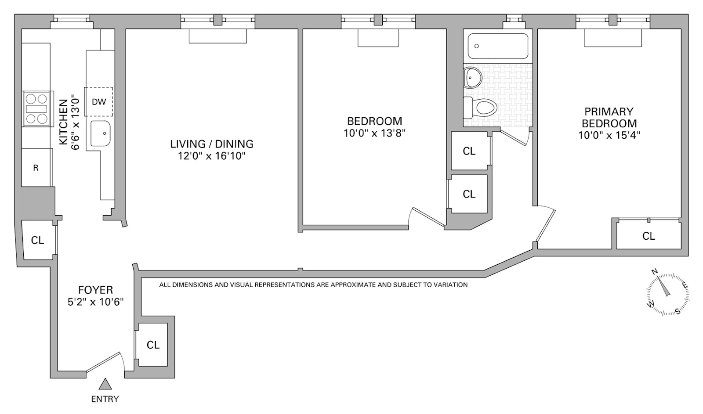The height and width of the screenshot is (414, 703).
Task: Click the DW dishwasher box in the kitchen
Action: point(99,101)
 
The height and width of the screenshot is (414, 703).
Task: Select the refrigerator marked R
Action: point(36,168)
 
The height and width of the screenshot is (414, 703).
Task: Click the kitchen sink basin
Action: point(100,133)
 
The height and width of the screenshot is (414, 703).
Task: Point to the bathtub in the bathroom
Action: point(497,46)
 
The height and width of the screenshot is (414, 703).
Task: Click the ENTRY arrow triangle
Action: point(105,384)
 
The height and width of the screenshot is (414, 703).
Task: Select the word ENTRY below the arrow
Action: point(105,399)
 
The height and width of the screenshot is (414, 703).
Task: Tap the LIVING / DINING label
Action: point(212,144)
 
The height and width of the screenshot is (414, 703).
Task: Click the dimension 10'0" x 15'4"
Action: point(609,135)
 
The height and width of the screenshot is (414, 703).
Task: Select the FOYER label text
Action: point(95,290)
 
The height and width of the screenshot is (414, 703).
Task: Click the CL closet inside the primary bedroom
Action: point(649,236)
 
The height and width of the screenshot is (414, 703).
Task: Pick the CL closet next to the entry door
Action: point(153,345)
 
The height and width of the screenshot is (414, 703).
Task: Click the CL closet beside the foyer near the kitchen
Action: point(37,240)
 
